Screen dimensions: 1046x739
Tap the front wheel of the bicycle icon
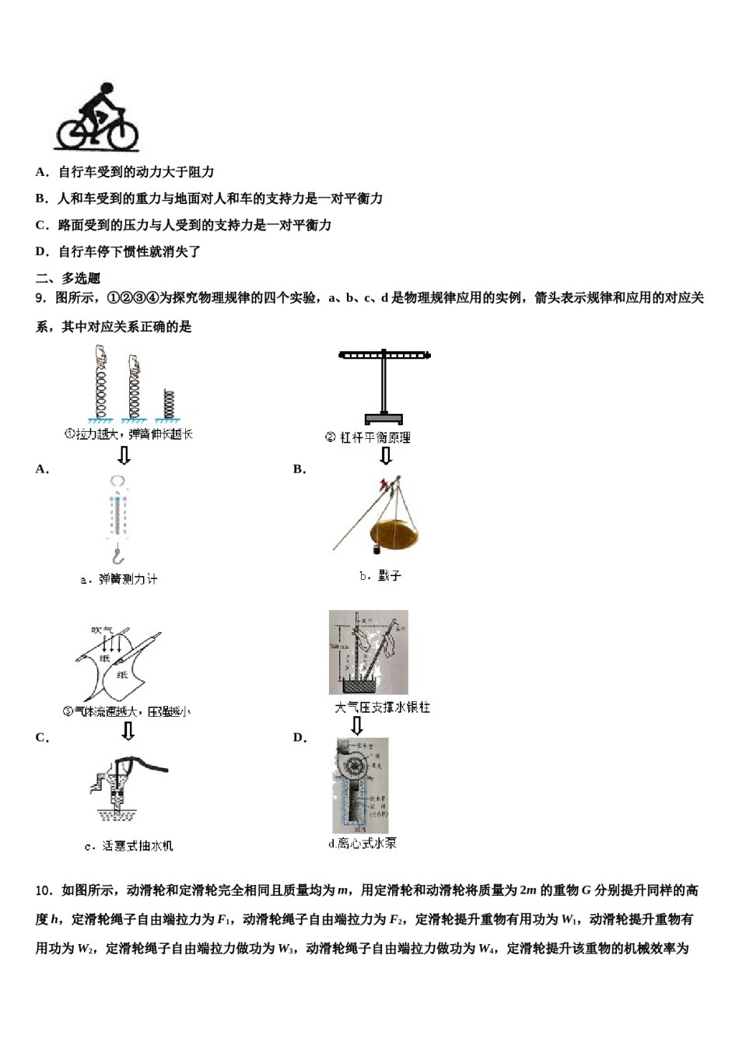[x=122, y=134]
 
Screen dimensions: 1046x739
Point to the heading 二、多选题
[x=68, y=278]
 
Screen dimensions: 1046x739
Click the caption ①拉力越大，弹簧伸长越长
[x=128, y=434]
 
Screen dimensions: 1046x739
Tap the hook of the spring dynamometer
[x=117, y=556]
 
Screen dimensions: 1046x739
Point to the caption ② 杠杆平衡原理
[x=367, y=437]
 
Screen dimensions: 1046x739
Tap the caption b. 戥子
[x=380, y=576]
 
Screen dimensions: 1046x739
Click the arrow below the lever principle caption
[x=385, y=455]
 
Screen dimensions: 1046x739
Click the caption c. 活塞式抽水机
[x=129, y=846]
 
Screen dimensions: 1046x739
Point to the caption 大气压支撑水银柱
[x=382, y=707]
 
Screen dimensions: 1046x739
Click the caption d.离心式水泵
[x=362, y=844]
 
